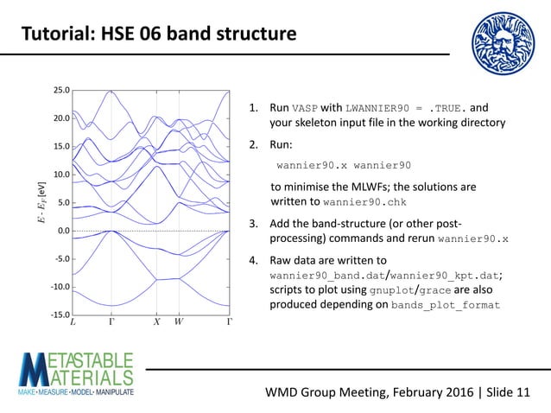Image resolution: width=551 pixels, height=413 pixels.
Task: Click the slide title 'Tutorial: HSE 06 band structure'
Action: pyautogui.click(x=158, y=35)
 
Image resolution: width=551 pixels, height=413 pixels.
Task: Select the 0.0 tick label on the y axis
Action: pyautogui.click(x=63, y=231)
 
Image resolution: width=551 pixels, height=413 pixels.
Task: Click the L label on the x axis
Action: pyautogui.click(x=73, y=323)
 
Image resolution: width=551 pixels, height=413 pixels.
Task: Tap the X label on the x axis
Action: pyautogui.click(x=156, y=323)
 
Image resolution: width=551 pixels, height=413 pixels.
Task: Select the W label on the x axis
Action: pyautogui.click(x=178, y=323)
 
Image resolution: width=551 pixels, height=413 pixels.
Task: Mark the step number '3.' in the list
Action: pyautogui.click(x=255, y=223)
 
